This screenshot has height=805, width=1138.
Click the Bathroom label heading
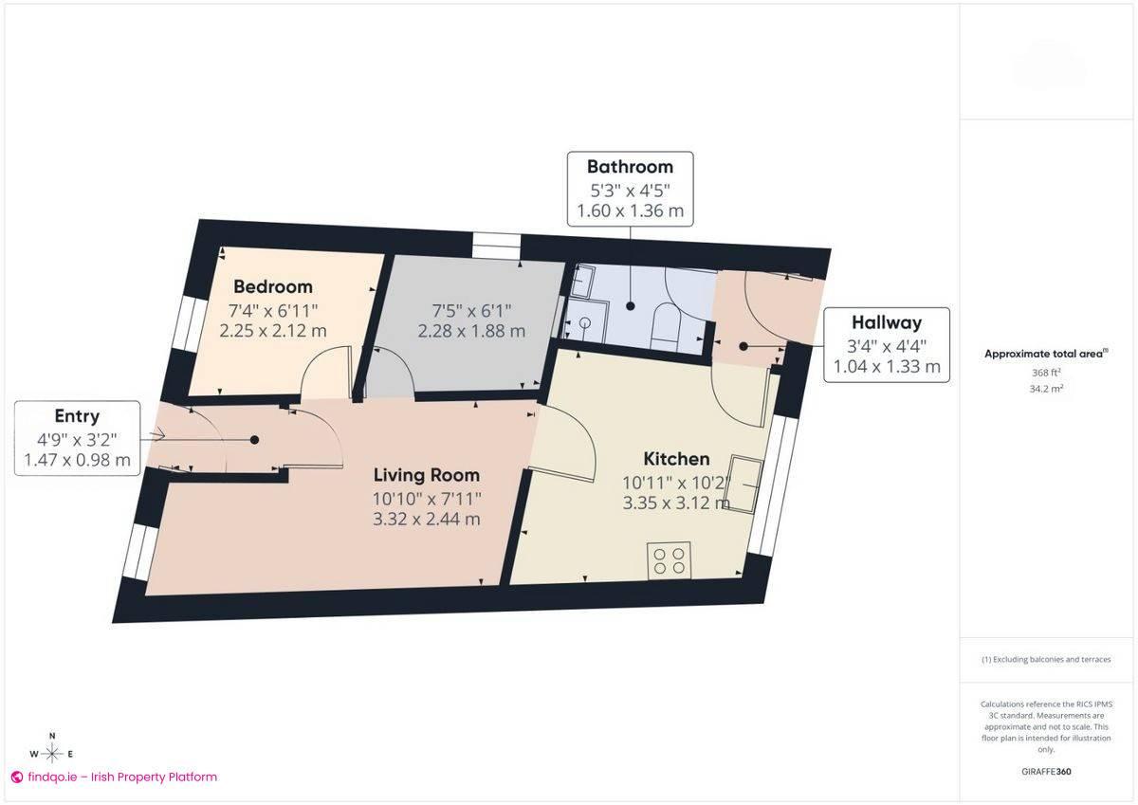coord(630,167)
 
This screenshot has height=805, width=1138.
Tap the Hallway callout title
coord(886,322)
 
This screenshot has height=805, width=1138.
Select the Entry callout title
coord(77,415)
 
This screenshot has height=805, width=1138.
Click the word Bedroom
coord(273,286)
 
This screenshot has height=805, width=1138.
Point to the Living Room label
coord(426,475)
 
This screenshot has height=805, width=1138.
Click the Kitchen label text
coord(676,459)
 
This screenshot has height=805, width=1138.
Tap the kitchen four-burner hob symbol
coord(669,560)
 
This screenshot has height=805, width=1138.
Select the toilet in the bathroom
coord(665,326)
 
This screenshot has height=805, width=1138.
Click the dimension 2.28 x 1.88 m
coord(471,332)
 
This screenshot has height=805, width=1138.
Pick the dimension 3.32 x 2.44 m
coord(427,519)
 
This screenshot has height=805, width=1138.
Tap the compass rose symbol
coord(52,753)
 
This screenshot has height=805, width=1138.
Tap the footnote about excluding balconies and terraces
coord(1046,659)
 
